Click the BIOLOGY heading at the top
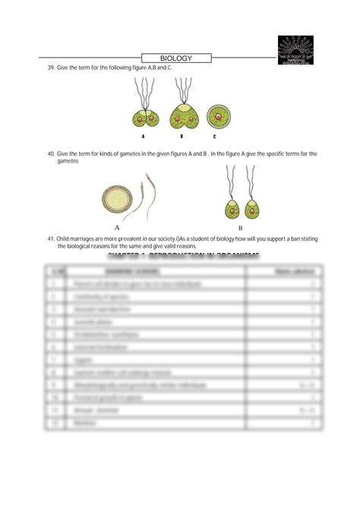pos(176,58)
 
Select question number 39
pos(51,68)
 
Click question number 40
pos(51,154)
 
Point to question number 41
pos(51,238)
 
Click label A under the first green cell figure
pos(142,137)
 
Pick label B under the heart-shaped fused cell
pos(182,137)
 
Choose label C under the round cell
pos(215,137)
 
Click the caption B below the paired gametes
pos(240,227)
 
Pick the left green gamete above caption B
pos(231,206)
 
